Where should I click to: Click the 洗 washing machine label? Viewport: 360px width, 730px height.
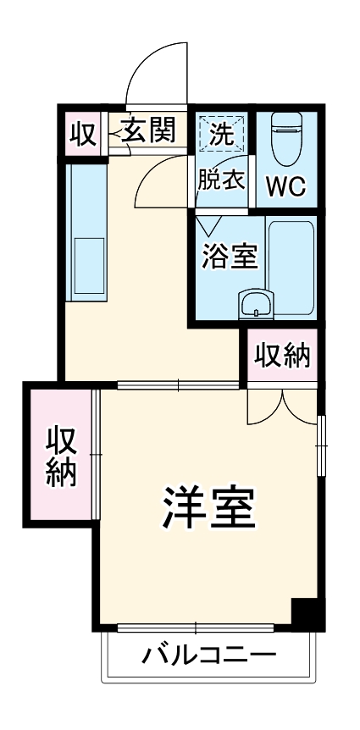[222, 134]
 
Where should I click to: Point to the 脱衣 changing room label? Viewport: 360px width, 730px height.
[222, 180]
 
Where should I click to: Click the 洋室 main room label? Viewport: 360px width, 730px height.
[208, 507]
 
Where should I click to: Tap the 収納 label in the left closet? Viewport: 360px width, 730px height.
[61, 457]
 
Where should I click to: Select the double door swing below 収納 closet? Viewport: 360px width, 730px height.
[282, 406]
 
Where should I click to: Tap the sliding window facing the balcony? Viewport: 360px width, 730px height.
[195, 628]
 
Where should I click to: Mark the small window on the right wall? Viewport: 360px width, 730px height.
[322, 445]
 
